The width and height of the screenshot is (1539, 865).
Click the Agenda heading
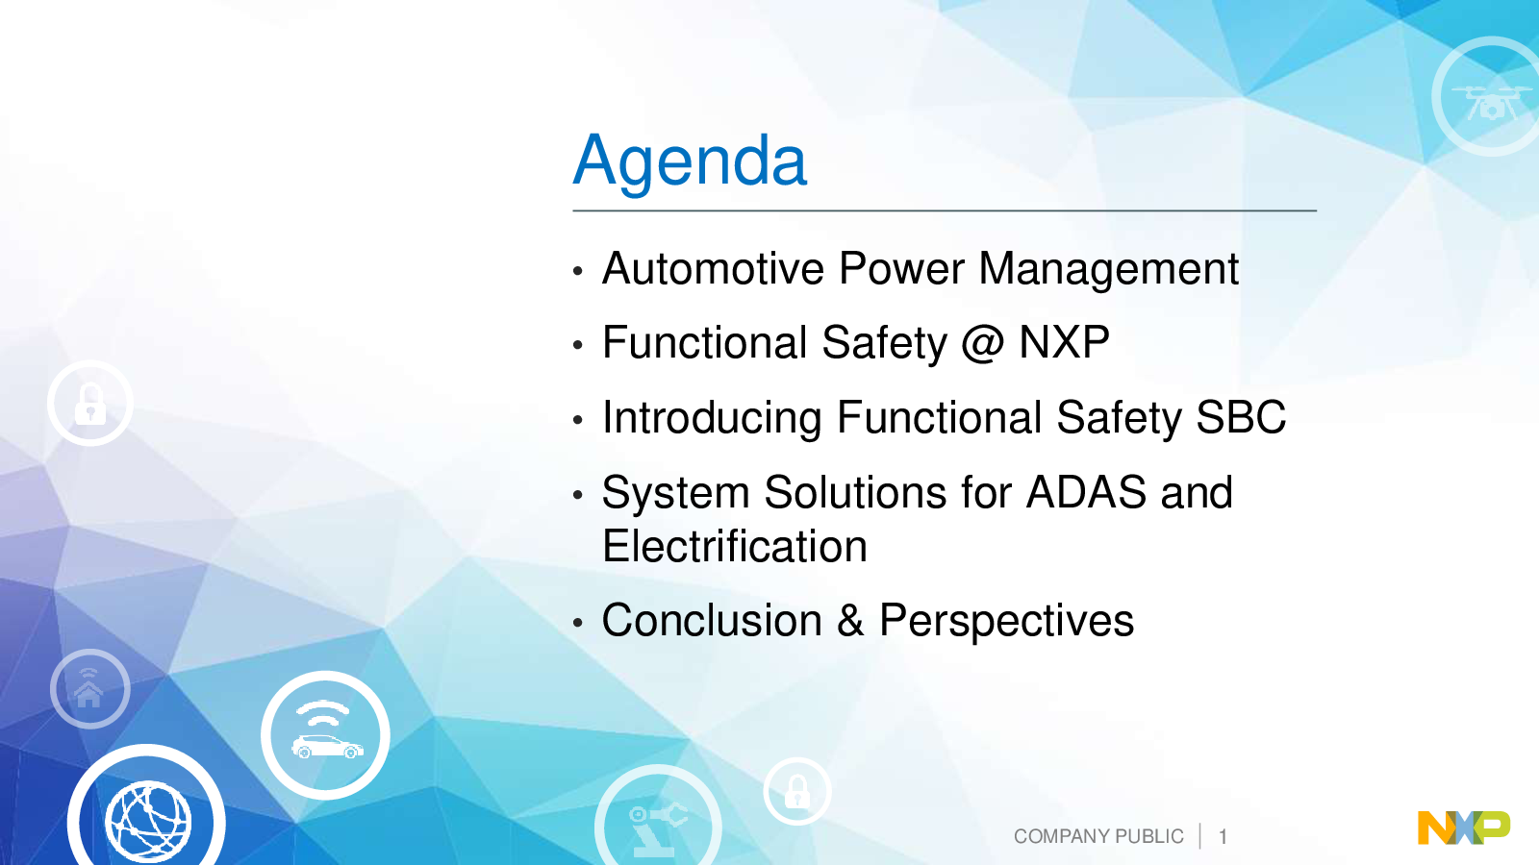point(690,162)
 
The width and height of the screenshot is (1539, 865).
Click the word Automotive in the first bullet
point(713,268)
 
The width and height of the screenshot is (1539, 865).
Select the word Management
point(1108,270)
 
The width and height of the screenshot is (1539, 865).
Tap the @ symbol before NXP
point(982,343)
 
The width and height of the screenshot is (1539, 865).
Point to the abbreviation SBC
point(1241,417)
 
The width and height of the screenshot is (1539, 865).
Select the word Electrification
point(735,546)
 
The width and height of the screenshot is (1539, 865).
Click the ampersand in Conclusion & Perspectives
point(850,620)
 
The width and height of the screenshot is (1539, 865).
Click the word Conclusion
point(712,620)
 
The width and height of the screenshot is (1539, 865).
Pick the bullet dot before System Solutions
point(578,494)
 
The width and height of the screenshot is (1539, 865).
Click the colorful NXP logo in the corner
point(1464,828)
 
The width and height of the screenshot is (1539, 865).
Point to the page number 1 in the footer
point(1223,836)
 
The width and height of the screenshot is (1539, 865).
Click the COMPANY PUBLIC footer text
point(1098,836)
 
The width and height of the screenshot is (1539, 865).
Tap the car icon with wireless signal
point(325,735)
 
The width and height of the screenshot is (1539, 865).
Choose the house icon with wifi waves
point(88,688)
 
